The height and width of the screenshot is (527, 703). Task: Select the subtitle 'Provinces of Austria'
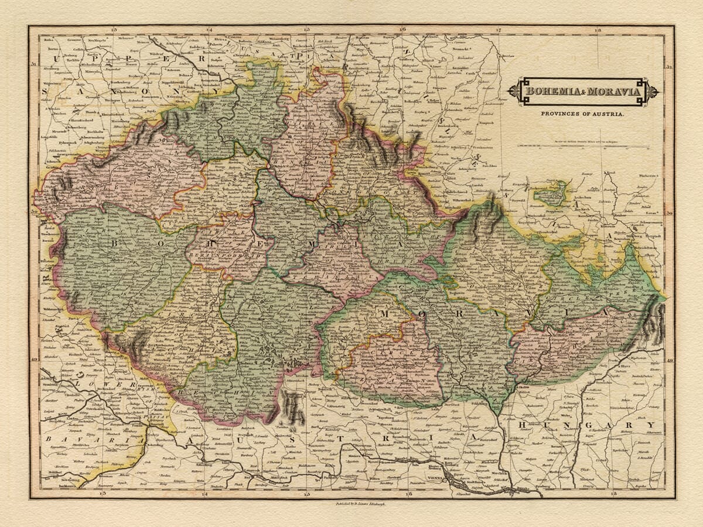[x=582, y=115]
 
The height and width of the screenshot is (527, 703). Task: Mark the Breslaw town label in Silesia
[x=507, y=56]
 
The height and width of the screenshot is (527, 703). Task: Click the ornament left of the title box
[x=514, y=91]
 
